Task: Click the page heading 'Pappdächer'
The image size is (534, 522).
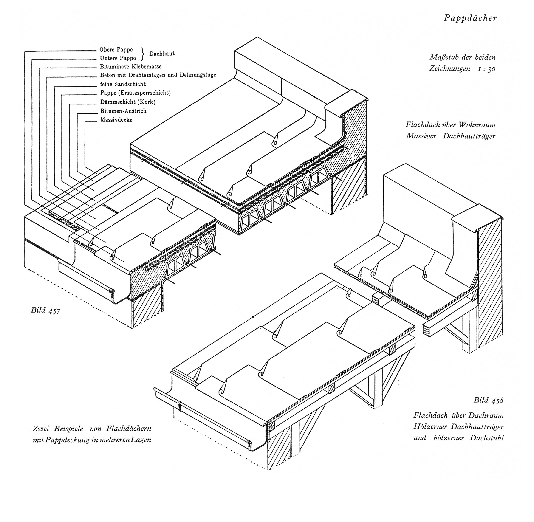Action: (470, 18)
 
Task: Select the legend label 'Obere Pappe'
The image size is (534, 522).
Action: (116, 50)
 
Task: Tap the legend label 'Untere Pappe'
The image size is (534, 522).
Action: (118, 58)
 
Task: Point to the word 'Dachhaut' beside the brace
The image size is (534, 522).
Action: (162, 54)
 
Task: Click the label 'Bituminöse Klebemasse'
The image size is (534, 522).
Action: (131, 67)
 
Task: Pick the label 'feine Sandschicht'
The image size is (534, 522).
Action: (123, 84)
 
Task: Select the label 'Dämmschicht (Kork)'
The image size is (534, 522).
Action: (128, 102)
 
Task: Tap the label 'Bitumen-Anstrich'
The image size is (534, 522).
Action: (123, 111)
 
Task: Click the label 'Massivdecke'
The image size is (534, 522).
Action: (116, 120)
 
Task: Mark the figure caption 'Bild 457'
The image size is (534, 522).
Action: (45, 311)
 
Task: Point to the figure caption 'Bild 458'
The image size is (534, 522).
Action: (489, 400)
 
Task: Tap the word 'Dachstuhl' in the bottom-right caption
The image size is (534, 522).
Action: (487, 437)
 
